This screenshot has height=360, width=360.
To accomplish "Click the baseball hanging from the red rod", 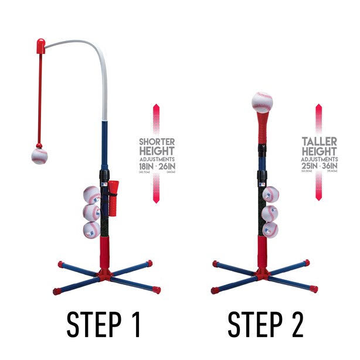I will [39, 157].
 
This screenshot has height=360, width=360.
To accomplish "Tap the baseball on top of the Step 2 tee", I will [262, 102].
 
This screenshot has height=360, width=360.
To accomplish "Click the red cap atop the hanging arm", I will [40, 45].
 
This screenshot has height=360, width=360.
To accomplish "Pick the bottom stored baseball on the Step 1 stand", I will [91, 230].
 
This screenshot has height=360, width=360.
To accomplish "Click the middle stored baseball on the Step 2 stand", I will [270, 212].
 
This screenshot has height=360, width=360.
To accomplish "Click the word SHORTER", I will [157, 142].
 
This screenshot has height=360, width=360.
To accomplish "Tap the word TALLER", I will [319, 142].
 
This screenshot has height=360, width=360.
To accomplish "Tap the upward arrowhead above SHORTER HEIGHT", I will [157, 108].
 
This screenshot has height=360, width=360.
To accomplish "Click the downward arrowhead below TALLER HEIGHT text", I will [319, 197].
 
